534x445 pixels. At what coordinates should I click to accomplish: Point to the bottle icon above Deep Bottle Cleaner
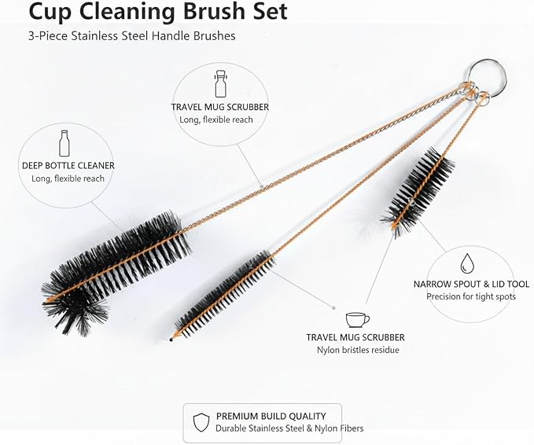pyautogui.click(x=64, y=143)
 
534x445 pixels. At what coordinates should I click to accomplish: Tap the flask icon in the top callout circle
pyautogui.click(x=221, y=84)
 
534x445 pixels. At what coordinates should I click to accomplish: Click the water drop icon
pyautogui.click(x=466, y=263)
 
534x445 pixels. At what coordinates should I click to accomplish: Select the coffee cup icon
pyautogui.click(x=357, y=319)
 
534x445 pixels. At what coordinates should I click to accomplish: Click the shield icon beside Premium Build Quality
pyautogui.click(x=201, y=422)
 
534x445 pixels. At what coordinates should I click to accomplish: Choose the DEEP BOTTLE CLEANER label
pyautogui.click(x=68, y=166)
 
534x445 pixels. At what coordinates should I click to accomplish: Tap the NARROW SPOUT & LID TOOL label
pyautogui.click(x=471, y=284)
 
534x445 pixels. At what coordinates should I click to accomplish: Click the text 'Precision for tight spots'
pyautogui.click(x=471, y=296)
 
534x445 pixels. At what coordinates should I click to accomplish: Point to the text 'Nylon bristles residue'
pyautogui.click(x=358, y=350)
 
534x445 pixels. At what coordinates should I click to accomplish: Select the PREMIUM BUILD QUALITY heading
pyautogui.click(x=271, y=416)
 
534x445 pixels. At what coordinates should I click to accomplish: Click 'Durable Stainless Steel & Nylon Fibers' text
pyautogui.click(x=289, y=428)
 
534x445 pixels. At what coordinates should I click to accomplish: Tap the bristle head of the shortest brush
pyautogui.click(x=418, y=191)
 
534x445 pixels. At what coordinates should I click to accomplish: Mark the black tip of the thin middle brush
pyautogui.click(x=171, y=340)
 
